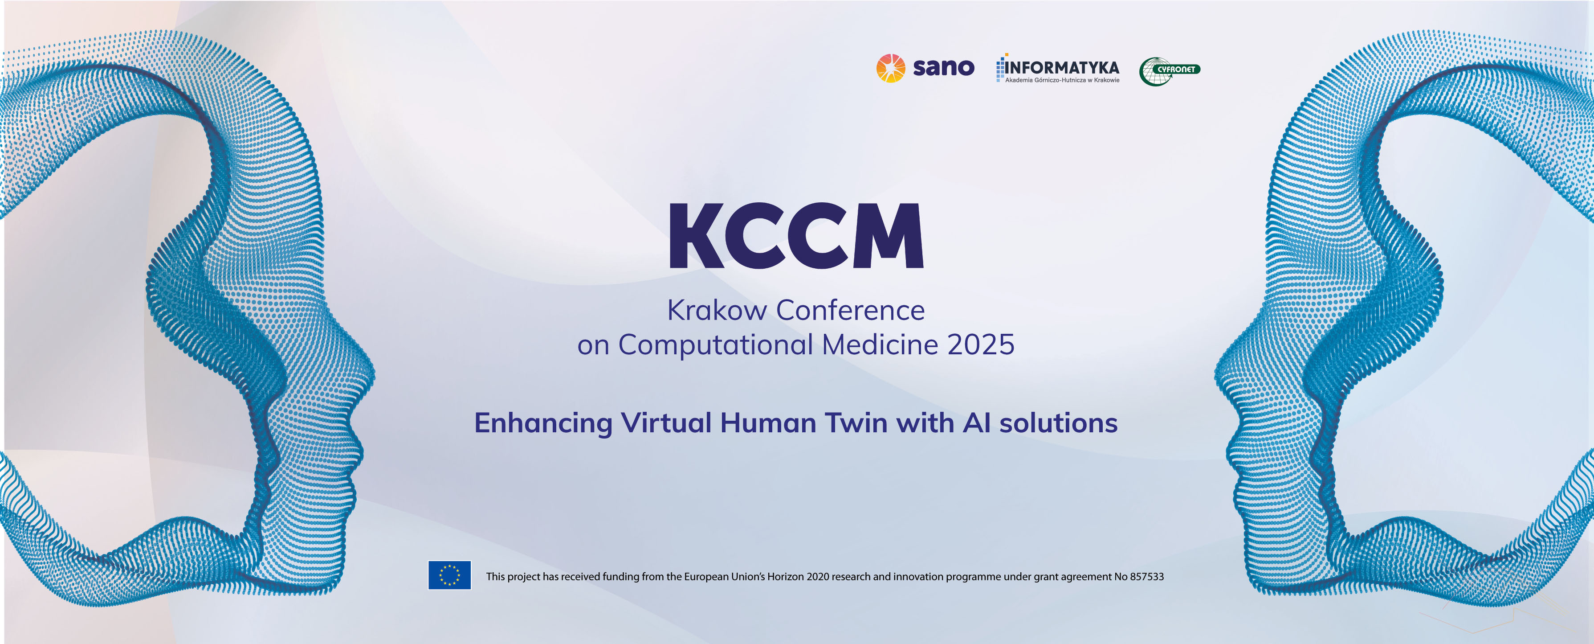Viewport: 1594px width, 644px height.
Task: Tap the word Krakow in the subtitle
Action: (717, 310)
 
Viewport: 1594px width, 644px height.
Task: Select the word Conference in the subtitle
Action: (851, 310)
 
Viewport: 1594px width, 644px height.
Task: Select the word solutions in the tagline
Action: (1059, 423)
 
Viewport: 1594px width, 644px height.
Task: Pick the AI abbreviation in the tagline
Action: (977, 423)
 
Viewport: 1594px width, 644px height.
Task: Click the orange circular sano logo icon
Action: (890, 68)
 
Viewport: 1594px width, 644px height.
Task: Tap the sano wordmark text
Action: (944, 67)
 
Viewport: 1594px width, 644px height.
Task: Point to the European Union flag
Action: (449, 575)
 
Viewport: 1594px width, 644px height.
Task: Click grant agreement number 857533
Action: (1146, 577)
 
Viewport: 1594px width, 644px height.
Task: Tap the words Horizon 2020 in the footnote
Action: (798, 577)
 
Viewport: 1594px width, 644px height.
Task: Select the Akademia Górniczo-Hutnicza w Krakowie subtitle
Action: (1062, 80)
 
